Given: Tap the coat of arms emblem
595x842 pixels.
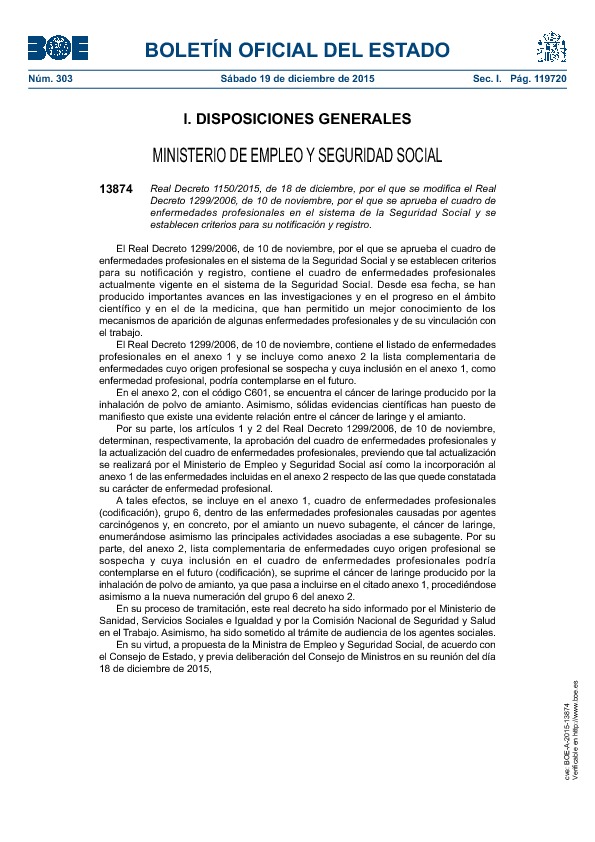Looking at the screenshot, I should coord(550,47).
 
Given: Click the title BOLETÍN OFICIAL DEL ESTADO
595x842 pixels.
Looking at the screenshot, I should coord(298,50).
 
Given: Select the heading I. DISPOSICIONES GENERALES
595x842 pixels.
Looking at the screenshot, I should coord(297,119).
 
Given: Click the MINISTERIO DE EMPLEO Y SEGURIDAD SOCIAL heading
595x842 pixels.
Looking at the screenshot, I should coord(297,156).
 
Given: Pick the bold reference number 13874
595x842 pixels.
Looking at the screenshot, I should coord(116,188).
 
